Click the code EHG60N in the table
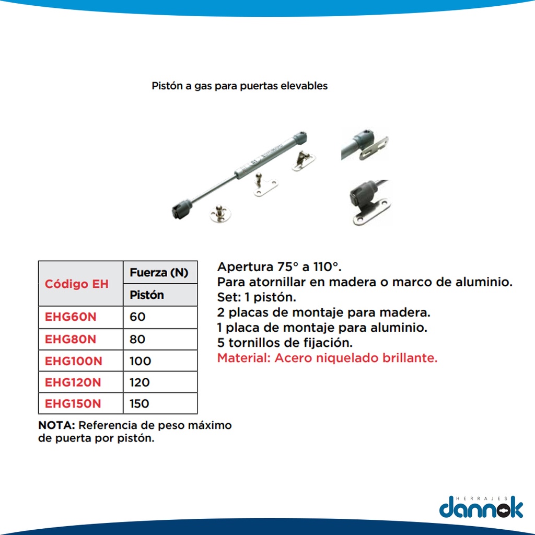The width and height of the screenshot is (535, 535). [71, 317]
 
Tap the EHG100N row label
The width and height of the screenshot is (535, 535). [73, 361]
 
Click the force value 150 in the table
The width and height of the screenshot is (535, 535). [139, 404]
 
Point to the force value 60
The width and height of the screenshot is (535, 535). [137, 317]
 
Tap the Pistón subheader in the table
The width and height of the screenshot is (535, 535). [147, 295]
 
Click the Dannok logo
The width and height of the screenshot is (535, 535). [481, 507]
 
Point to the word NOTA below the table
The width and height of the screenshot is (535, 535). [56, 425]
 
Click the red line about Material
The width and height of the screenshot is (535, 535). [327, 358]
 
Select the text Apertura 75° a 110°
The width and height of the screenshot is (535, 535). [280, 266]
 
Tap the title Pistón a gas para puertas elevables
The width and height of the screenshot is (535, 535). [239, 86]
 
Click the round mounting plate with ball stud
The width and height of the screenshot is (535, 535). [220, 213]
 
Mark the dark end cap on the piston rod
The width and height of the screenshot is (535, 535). [181, 208]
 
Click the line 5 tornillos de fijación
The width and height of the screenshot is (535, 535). [285, 343]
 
